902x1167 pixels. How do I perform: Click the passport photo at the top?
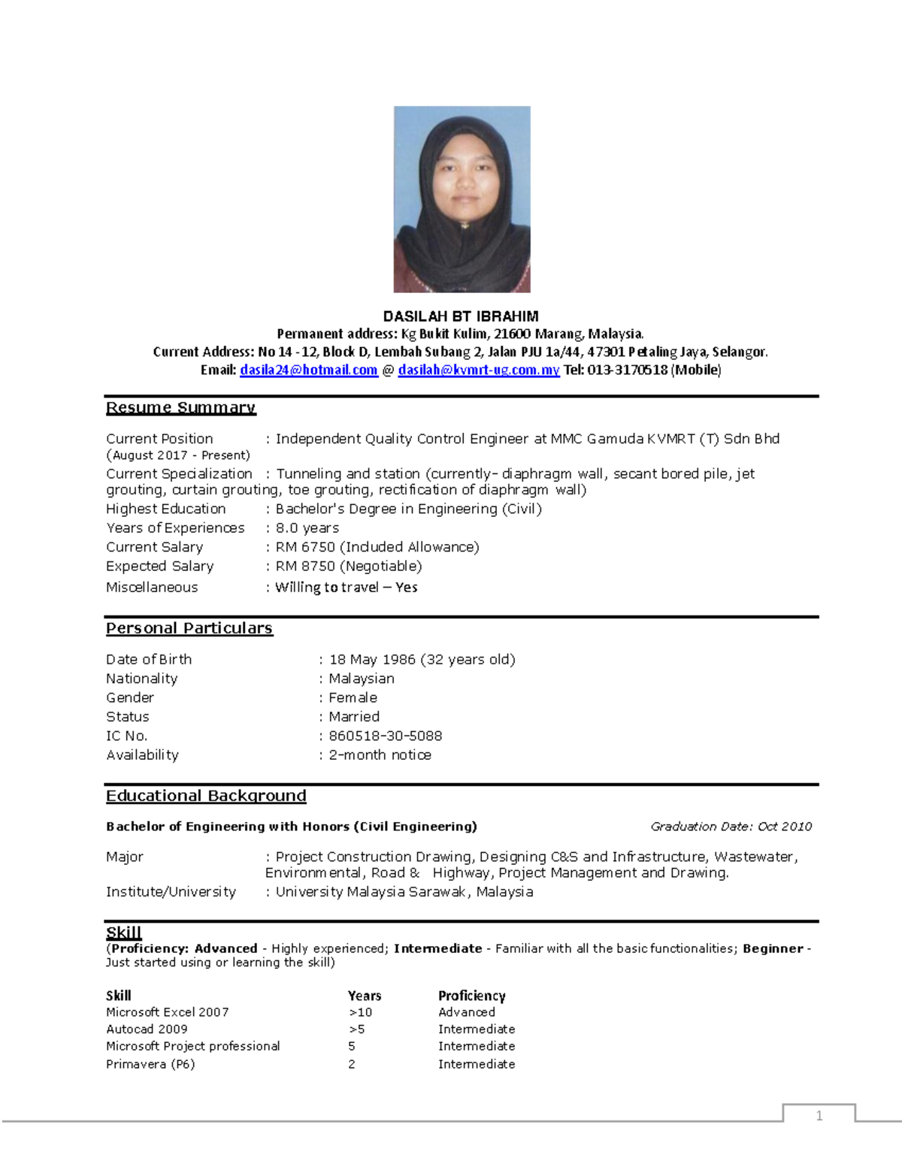coord(462,199)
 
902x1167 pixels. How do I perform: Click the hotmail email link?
coord(308,370)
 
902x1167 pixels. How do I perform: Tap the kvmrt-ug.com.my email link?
coord(478,370)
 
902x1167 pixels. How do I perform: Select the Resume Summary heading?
coord(180,407)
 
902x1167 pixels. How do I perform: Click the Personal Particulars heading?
coord(189,628)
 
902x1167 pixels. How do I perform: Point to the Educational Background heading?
coord(206,796)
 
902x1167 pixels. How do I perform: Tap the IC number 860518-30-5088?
coord(385,736)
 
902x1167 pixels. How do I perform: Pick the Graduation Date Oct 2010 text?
coord(731,826)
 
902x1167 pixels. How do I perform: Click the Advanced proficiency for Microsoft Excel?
coord(467,1012)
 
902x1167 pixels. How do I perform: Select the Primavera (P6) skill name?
coord(150,1064)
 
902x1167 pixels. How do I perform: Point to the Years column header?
coord(365,996)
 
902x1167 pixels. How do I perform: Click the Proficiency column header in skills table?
coord(471,996)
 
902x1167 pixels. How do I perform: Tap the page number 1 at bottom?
coord(819,1115)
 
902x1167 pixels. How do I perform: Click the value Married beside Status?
coord(354,717)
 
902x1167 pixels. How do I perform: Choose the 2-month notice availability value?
coord(380,754)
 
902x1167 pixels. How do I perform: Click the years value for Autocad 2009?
coord(357,1029)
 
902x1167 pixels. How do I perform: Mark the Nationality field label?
coord(141,679)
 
